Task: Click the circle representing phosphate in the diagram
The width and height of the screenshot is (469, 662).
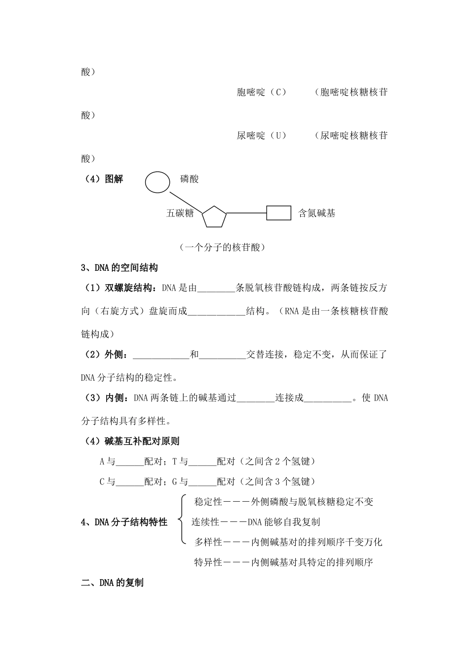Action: (157, 182)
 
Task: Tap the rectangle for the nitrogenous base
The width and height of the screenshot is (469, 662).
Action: (278, 213)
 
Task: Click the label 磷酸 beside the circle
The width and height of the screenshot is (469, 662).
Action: (190, 179)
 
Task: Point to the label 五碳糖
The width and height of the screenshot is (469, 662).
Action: (180, 214)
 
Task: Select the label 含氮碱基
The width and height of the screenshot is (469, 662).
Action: (316, 214)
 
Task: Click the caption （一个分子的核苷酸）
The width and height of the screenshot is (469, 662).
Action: (222, 247)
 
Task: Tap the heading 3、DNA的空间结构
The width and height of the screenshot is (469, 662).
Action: (119, 268)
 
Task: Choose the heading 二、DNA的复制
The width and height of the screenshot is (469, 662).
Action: (112, 583)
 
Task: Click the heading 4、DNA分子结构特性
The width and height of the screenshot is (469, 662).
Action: (124, 522)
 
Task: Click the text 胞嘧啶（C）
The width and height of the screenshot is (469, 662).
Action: (262, 92)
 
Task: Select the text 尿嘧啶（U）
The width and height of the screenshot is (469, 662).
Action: (262, 135)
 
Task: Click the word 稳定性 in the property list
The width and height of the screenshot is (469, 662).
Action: (209, 502)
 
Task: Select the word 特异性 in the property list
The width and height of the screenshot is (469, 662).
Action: (209, 562)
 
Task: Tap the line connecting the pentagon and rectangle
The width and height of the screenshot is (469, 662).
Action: (246, 213)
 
